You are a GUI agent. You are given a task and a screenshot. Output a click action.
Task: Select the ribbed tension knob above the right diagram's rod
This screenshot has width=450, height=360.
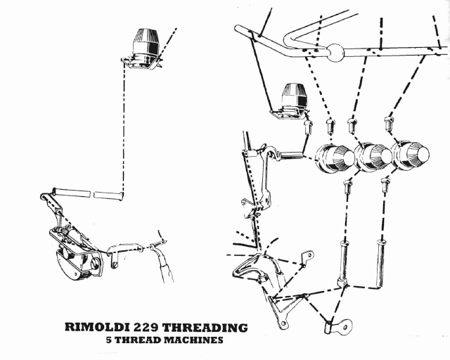point(293,98)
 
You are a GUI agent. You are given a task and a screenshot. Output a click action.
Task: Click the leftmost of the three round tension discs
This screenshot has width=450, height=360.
point(333,157)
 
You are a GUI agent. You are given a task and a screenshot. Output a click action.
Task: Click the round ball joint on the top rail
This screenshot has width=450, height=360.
point(335,53)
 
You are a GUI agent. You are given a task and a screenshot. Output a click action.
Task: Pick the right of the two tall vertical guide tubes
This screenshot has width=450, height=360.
point(381,264)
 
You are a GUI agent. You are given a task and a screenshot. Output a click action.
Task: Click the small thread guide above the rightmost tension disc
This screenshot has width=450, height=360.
point(388,123)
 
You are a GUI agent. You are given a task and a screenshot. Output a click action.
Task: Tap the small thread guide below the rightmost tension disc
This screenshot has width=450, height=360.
point(385,184)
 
